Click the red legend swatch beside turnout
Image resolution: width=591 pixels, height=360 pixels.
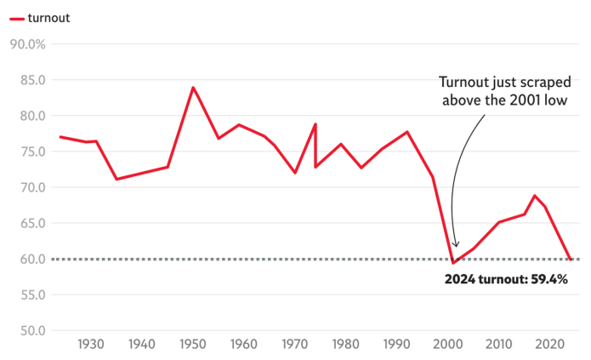[x=15, y=18]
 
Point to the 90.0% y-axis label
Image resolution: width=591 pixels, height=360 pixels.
[x=28, y=44]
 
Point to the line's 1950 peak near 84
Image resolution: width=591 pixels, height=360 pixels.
[x=193, y=87]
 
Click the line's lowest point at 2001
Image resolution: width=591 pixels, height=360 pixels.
[x=453, y=262]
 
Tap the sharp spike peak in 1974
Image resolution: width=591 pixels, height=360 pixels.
[x=315, y=124]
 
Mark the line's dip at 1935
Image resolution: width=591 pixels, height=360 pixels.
[x=116, y=179]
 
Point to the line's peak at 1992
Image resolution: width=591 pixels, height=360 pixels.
[x=407, y=132]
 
